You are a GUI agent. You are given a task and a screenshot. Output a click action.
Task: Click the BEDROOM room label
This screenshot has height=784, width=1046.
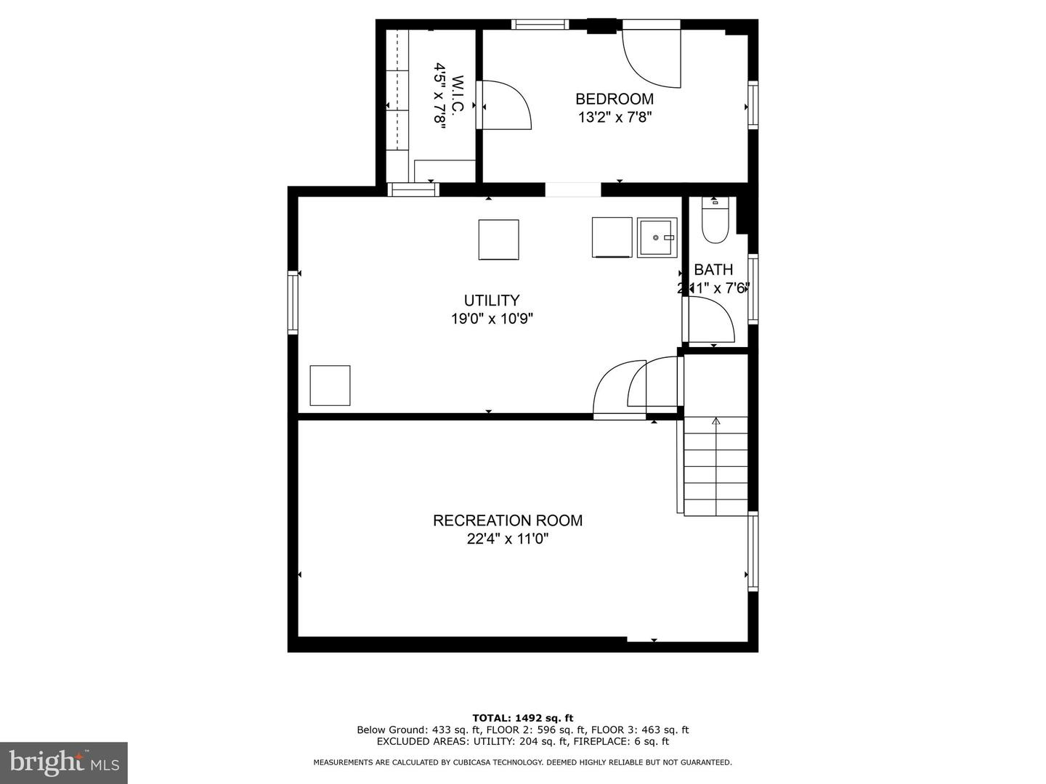coord(615,99)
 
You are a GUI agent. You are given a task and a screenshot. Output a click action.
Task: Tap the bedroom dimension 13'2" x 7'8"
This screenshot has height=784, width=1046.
coord(615,118)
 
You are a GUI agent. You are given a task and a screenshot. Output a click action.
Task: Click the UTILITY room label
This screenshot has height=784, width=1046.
coord(492,300)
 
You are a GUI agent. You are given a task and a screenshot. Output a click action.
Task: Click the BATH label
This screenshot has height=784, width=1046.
coord(713,269)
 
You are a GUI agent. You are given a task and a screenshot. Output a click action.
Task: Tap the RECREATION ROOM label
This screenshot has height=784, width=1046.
coord(508,520)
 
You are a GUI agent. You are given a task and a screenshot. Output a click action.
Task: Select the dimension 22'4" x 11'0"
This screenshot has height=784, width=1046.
coord(508,539)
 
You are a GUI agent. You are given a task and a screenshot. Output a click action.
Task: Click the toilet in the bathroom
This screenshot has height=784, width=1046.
coord(715,222)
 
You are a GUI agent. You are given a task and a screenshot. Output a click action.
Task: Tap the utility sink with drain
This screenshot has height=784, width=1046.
coord(657,237)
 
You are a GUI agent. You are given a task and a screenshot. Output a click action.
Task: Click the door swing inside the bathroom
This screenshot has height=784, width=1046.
coord(710,319)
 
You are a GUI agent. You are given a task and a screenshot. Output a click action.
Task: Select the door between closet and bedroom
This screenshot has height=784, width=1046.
coord(506,105)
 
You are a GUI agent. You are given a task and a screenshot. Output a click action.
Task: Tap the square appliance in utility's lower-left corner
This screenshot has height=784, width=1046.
coord(330,385)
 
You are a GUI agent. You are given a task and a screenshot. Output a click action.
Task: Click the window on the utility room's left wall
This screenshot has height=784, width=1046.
coord(293,301)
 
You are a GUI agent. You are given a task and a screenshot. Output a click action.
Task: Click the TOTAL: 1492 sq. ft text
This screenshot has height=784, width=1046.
coord(522,718)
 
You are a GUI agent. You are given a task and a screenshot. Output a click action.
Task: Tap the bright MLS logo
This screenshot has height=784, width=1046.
coord(64,762)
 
